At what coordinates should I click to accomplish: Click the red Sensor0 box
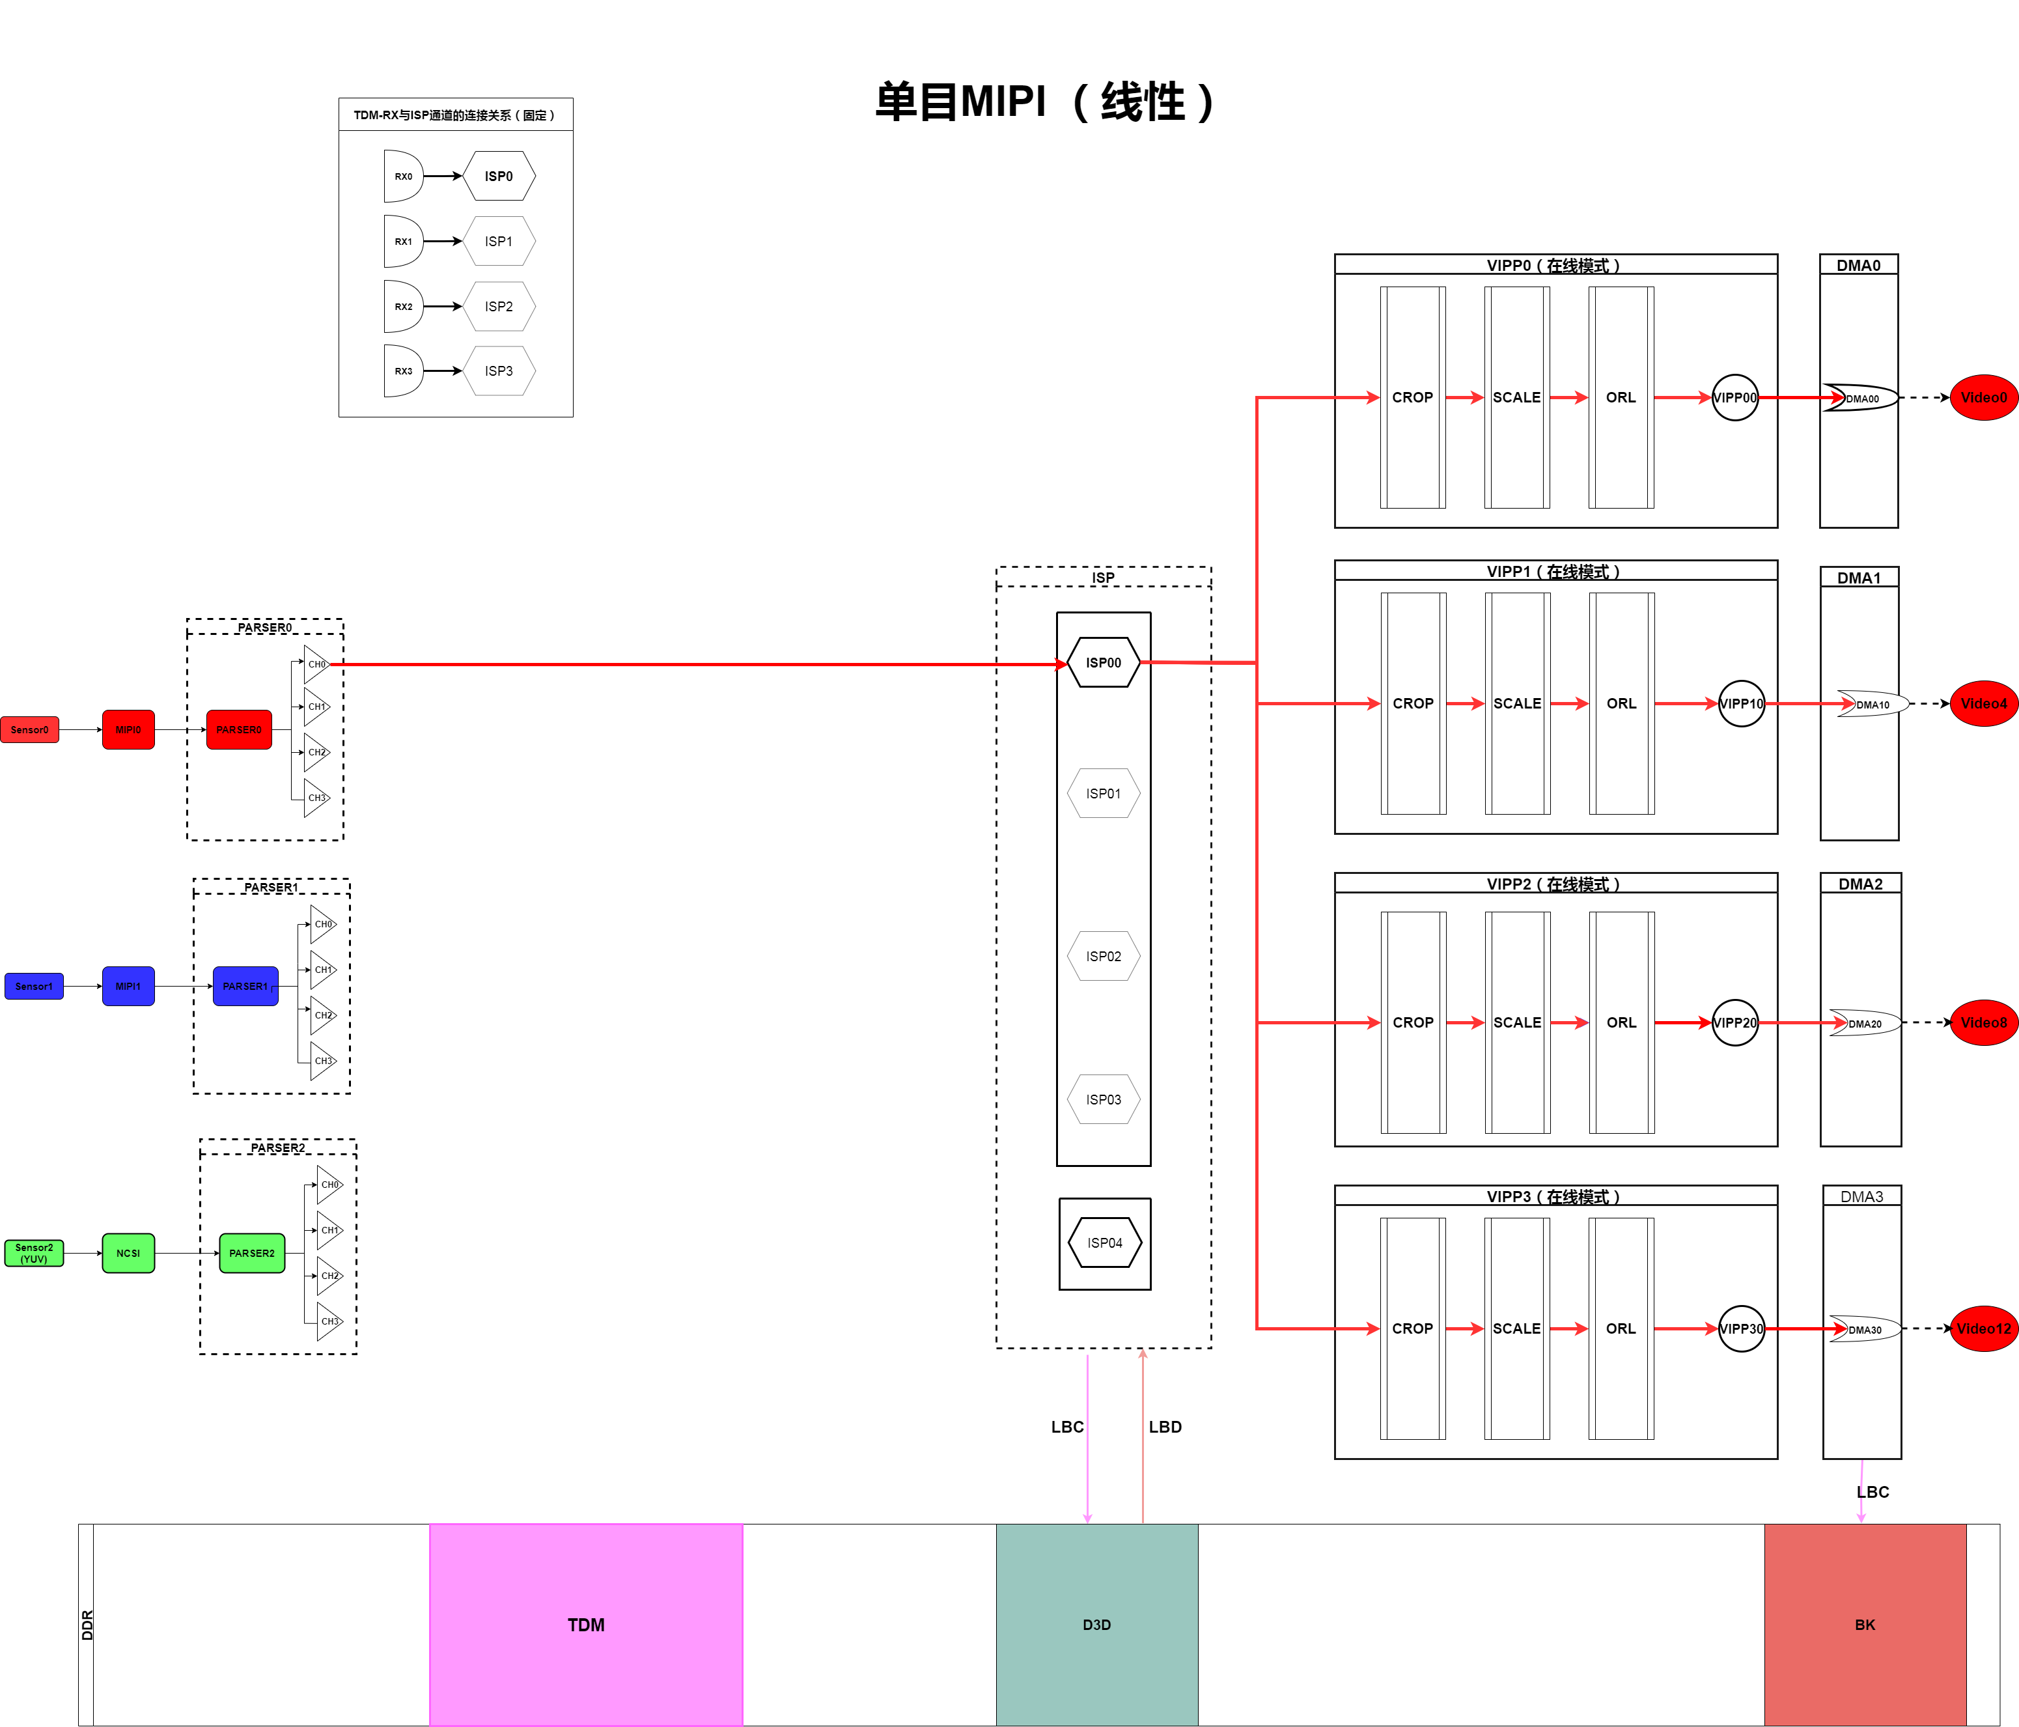coord(29,730)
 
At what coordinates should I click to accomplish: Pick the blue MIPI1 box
coord(128,987)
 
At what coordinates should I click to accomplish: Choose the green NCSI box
coord(128,1254)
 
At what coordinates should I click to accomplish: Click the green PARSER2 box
coord(251,1254)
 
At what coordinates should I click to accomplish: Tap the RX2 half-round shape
coord(402,306)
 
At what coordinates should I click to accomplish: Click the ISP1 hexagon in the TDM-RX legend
coord(498,242)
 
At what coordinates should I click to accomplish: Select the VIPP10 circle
coord(1740,704)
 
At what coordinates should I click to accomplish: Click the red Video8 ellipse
coord(1983,1022)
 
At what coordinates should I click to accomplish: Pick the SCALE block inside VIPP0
coord(1516,398)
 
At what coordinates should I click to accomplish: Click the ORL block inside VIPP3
coord(1621,1328)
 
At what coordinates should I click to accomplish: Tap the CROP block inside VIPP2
coord(1413,1022)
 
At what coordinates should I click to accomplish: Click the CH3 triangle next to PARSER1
coord(322,1061)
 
